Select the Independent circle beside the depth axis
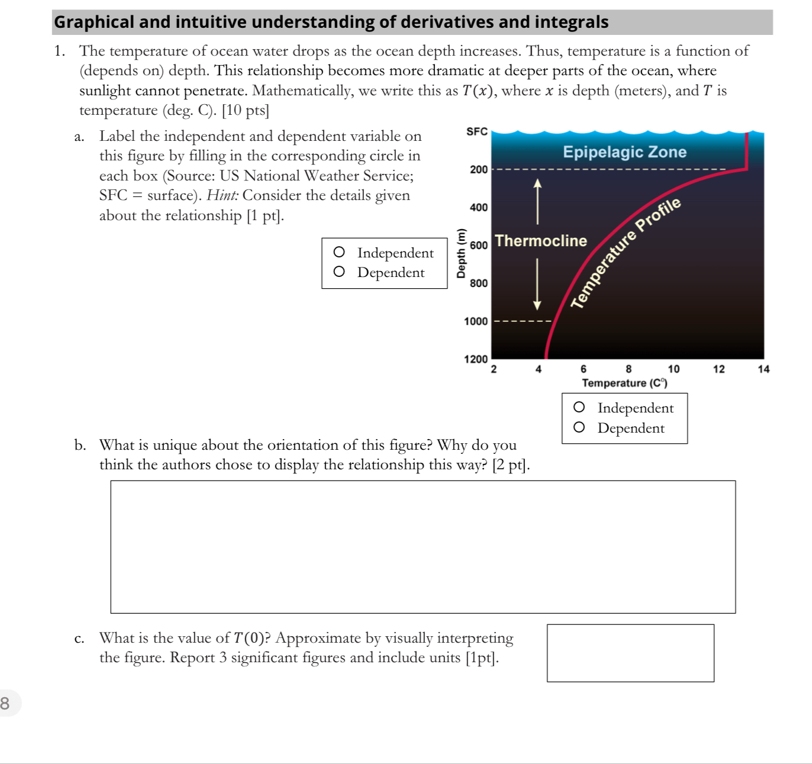tap(339, 253)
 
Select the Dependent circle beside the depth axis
tap(339, 272)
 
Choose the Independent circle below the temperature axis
tap(579, 408)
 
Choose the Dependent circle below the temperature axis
tap(579, 428)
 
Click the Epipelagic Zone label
tap(624, 153)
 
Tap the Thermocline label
tap(541, 241)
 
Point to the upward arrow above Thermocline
tap(537, 201)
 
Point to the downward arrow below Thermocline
tap(537, 285)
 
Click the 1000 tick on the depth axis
tap(476, 321)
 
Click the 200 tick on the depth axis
tap(479, 170)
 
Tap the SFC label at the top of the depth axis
tap(477, 131)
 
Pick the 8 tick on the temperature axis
tap(629, 369)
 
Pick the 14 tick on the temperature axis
tap(763, 369)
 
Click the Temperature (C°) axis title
tap(624, 383)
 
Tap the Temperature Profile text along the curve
tap(626, 253)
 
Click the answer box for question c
tap(630, 653)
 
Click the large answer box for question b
tap(423, 547)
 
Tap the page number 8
tap(5, 703)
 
